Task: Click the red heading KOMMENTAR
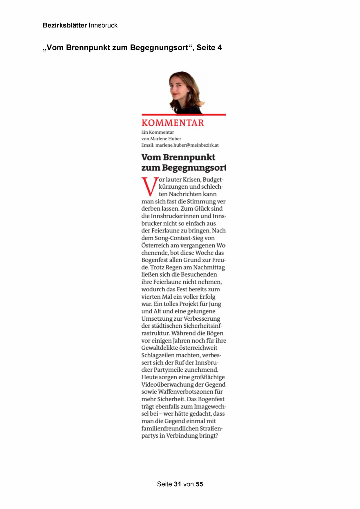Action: [173, 123]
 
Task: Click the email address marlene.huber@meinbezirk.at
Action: [187, 145]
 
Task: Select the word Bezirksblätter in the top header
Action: [65, 25]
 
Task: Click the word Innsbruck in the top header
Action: [103, 25]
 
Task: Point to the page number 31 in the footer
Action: [178, 484]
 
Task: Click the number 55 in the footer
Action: [199, 484]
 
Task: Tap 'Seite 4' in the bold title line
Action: [209, 48]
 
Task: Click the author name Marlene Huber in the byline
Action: [166, 139]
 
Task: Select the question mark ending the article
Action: [216, 436]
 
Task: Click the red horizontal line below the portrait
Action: [183, 115]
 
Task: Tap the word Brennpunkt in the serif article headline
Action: [189, 157]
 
